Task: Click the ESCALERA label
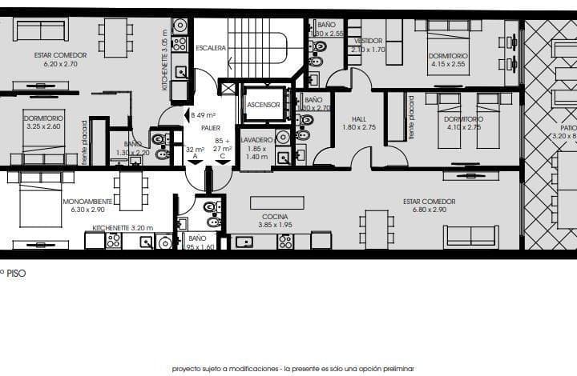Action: point(210,48)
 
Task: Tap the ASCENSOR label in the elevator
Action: point(263,105)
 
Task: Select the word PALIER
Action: point(212,127)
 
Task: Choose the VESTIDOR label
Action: point(369,41)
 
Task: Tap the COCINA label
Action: point(275,217)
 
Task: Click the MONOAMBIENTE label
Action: point(87,201)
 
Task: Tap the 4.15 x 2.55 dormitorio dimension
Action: point(448,64)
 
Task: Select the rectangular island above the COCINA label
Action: point(276,202)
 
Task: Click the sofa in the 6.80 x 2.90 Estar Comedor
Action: point(471,236)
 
